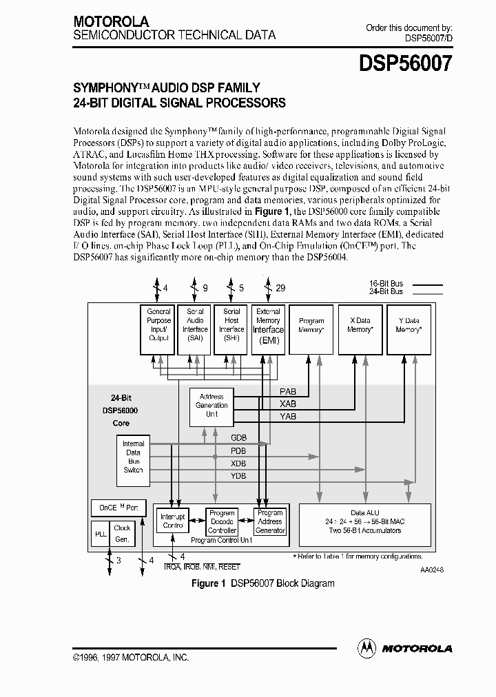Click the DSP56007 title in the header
click(405, 64)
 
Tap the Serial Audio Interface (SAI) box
click(195, 329)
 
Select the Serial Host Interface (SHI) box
click(231, 329)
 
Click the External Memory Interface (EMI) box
click(268, 329)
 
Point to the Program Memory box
click(311, 329)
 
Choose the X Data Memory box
click(360, 329)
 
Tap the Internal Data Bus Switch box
click(133, 457)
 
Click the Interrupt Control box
click(172, 521)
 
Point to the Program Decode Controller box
click(222, 521)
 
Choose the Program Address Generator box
click(270, 521)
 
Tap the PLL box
click(100, 534)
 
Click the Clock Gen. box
click(122, 534)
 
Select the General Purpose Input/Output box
click(158, 329)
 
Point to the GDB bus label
click(238, 438)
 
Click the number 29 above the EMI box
click(280, 289)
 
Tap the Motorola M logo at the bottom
click(366, 647)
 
